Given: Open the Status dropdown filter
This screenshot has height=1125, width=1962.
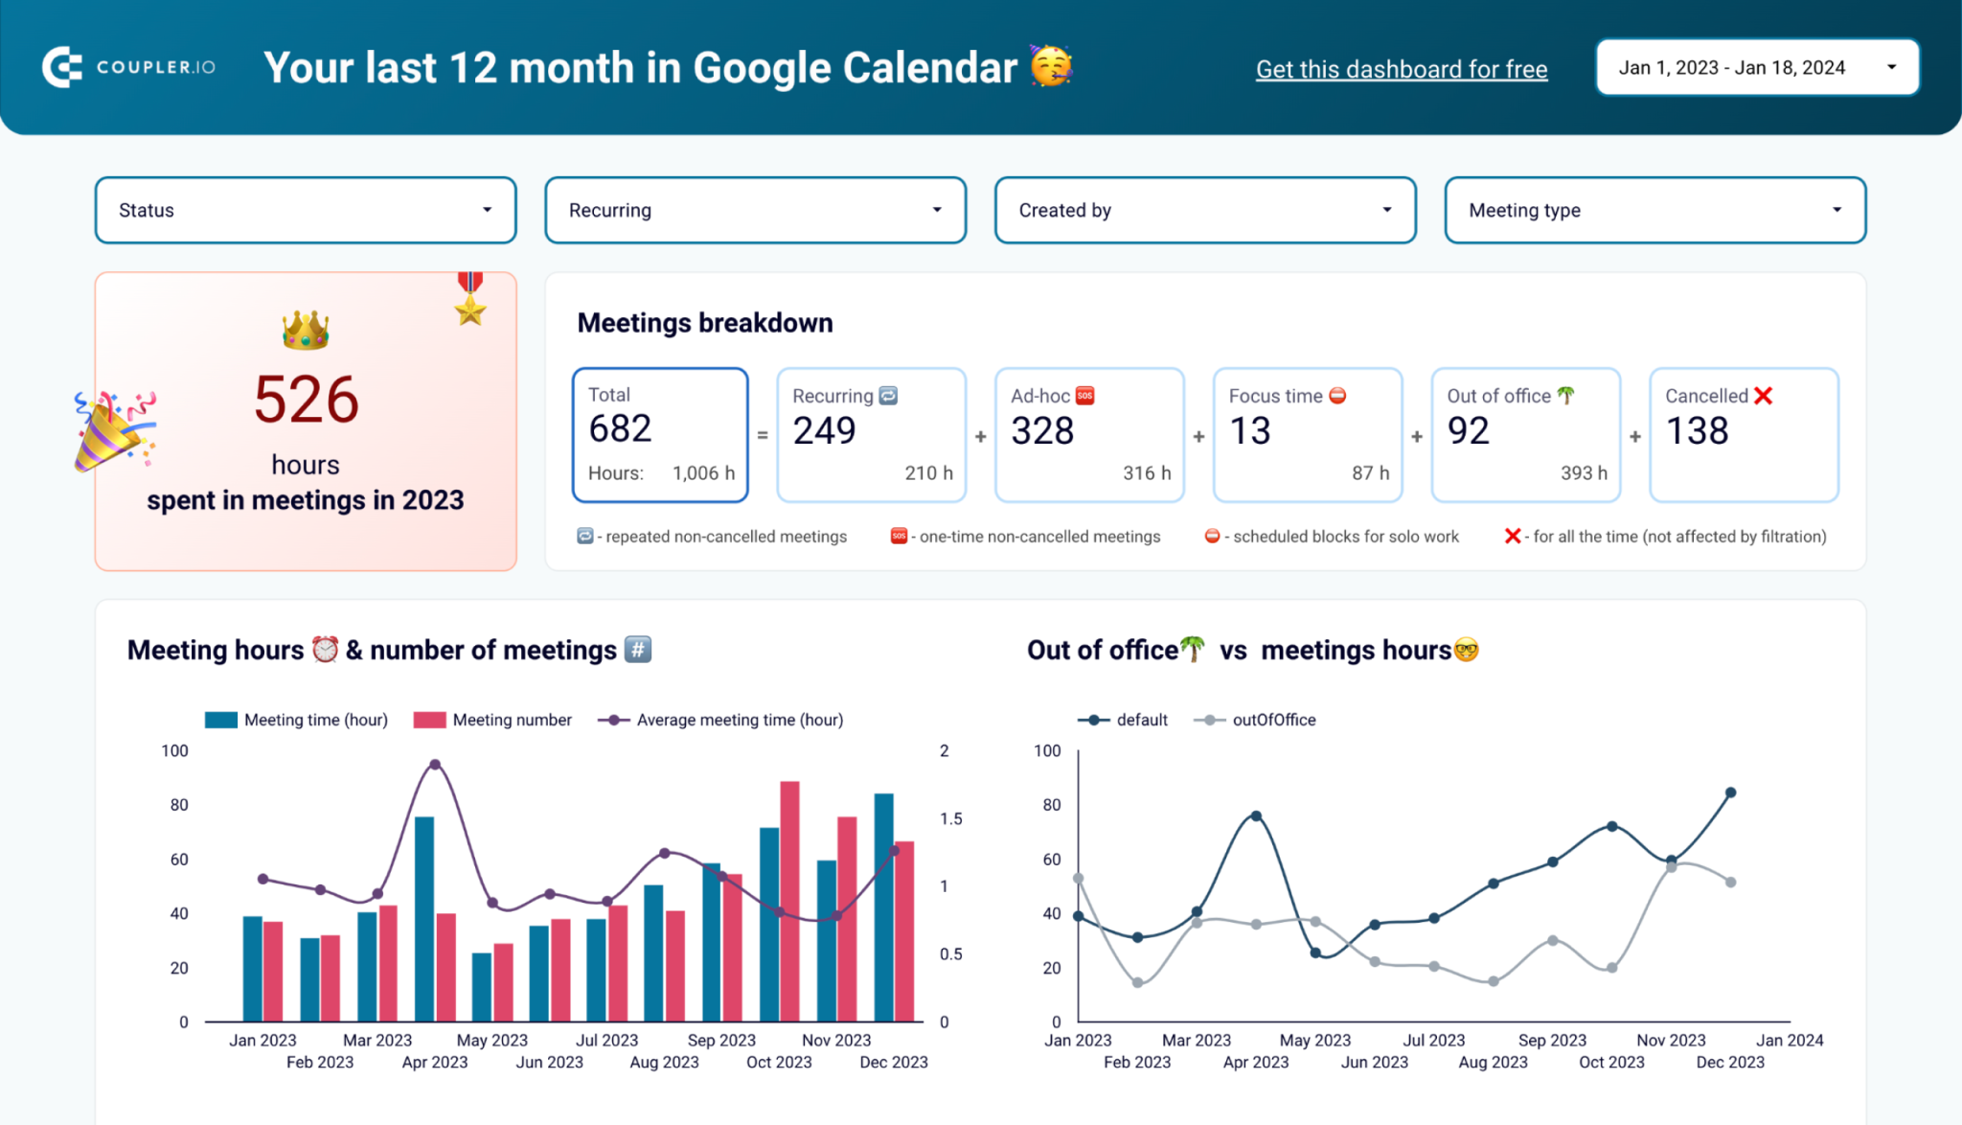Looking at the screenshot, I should (x=305, y=210).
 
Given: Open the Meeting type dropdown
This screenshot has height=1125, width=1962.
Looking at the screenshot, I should (x=1654, y=210).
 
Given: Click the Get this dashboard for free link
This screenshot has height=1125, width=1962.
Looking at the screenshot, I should (x=1401, y=69).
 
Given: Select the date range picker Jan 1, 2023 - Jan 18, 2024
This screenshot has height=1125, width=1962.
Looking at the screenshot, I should (x=1756, y=68).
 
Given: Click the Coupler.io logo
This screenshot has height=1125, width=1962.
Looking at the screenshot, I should (x=128, y=67).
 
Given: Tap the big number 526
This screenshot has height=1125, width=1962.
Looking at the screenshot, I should (x=306, y=400).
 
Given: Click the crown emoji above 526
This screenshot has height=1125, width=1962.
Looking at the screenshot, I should (x=306, y=331).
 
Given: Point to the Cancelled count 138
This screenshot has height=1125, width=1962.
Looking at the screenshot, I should (x=1697, y=431).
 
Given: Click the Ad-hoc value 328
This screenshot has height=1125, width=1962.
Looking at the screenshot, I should (x=1042, y=431).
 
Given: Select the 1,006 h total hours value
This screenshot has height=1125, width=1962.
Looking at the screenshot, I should (x=703, y=473).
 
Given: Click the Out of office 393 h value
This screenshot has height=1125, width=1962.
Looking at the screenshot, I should (x=1583, y=473).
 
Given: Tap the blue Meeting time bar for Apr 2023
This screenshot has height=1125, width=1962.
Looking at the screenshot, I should (x=423, y=918).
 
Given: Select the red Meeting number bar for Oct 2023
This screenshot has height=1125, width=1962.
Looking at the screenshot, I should (x=789, y=901).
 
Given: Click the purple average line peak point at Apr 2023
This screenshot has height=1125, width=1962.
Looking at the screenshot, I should (x=435, y=765).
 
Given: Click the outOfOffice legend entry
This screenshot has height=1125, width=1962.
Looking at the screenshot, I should (x=1273, y=720).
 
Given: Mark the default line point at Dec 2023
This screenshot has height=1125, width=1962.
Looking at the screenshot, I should (x=1730, y=793).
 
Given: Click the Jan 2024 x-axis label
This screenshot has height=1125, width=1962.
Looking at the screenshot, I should (x=1789, y=1041).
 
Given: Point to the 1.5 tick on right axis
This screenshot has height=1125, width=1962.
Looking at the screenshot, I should (x=950, y=819).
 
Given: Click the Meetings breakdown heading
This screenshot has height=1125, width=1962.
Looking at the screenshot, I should (x=704, y=323).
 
